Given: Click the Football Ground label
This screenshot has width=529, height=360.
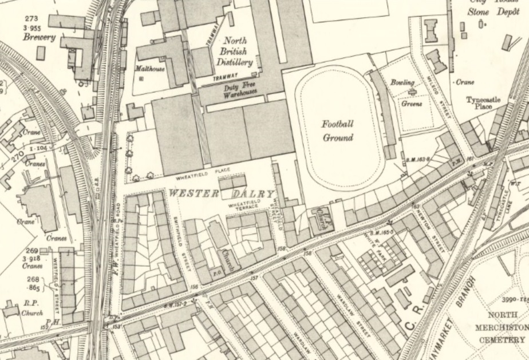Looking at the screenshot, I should [337, 130].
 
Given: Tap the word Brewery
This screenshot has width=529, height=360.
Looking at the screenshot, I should [40, 37].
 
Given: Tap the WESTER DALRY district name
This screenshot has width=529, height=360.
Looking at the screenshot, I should [220, 194].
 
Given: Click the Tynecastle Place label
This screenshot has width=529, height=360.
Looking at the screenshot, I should [483, 102].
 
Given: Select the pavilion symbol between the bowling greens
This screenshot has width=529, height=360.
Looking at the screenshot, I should [411, 93].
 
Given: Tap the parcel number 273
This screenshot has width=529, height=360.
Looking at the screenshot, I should [31, 19].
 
